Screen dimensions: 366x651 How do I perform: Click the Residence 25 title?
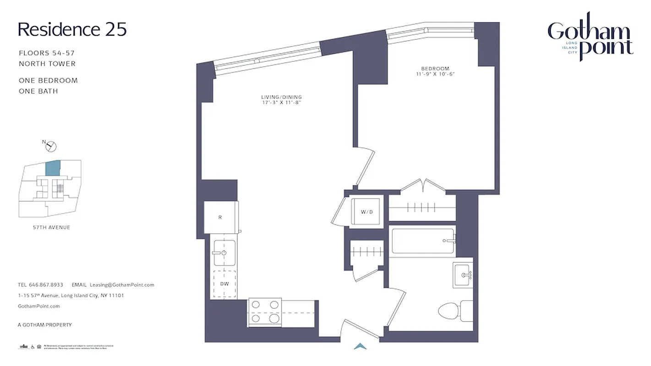(72, 29)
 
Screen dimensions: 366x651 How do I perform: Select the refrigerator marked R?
(221, 217)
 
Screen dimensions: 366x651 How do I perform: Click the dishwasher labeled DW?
(224, 284)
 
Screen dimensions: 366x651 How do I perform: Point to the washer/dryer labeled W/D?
(366, 211)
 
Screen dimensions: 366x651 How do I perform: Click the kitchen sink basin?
(224, 253)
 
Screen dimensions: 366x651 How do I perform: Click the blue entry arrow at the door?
(361, 346)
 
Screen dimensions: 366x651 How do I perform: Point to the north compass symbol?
(51, 146)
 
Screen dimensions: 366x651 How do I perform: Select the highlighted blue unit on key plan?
(53, 169)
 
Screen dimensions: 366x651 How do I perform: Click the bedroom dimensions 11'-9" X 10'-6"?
(435, 74)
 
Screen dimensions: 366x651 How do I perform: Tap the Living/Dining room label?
(281, 97)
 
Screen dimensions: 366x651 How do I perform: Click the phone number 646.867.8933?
(46, 285)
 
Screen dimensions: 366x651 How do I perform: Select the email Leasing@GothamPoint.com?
(122, 285)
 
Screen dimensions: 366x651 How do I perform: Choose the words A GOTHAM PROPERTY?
(44, 325)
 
